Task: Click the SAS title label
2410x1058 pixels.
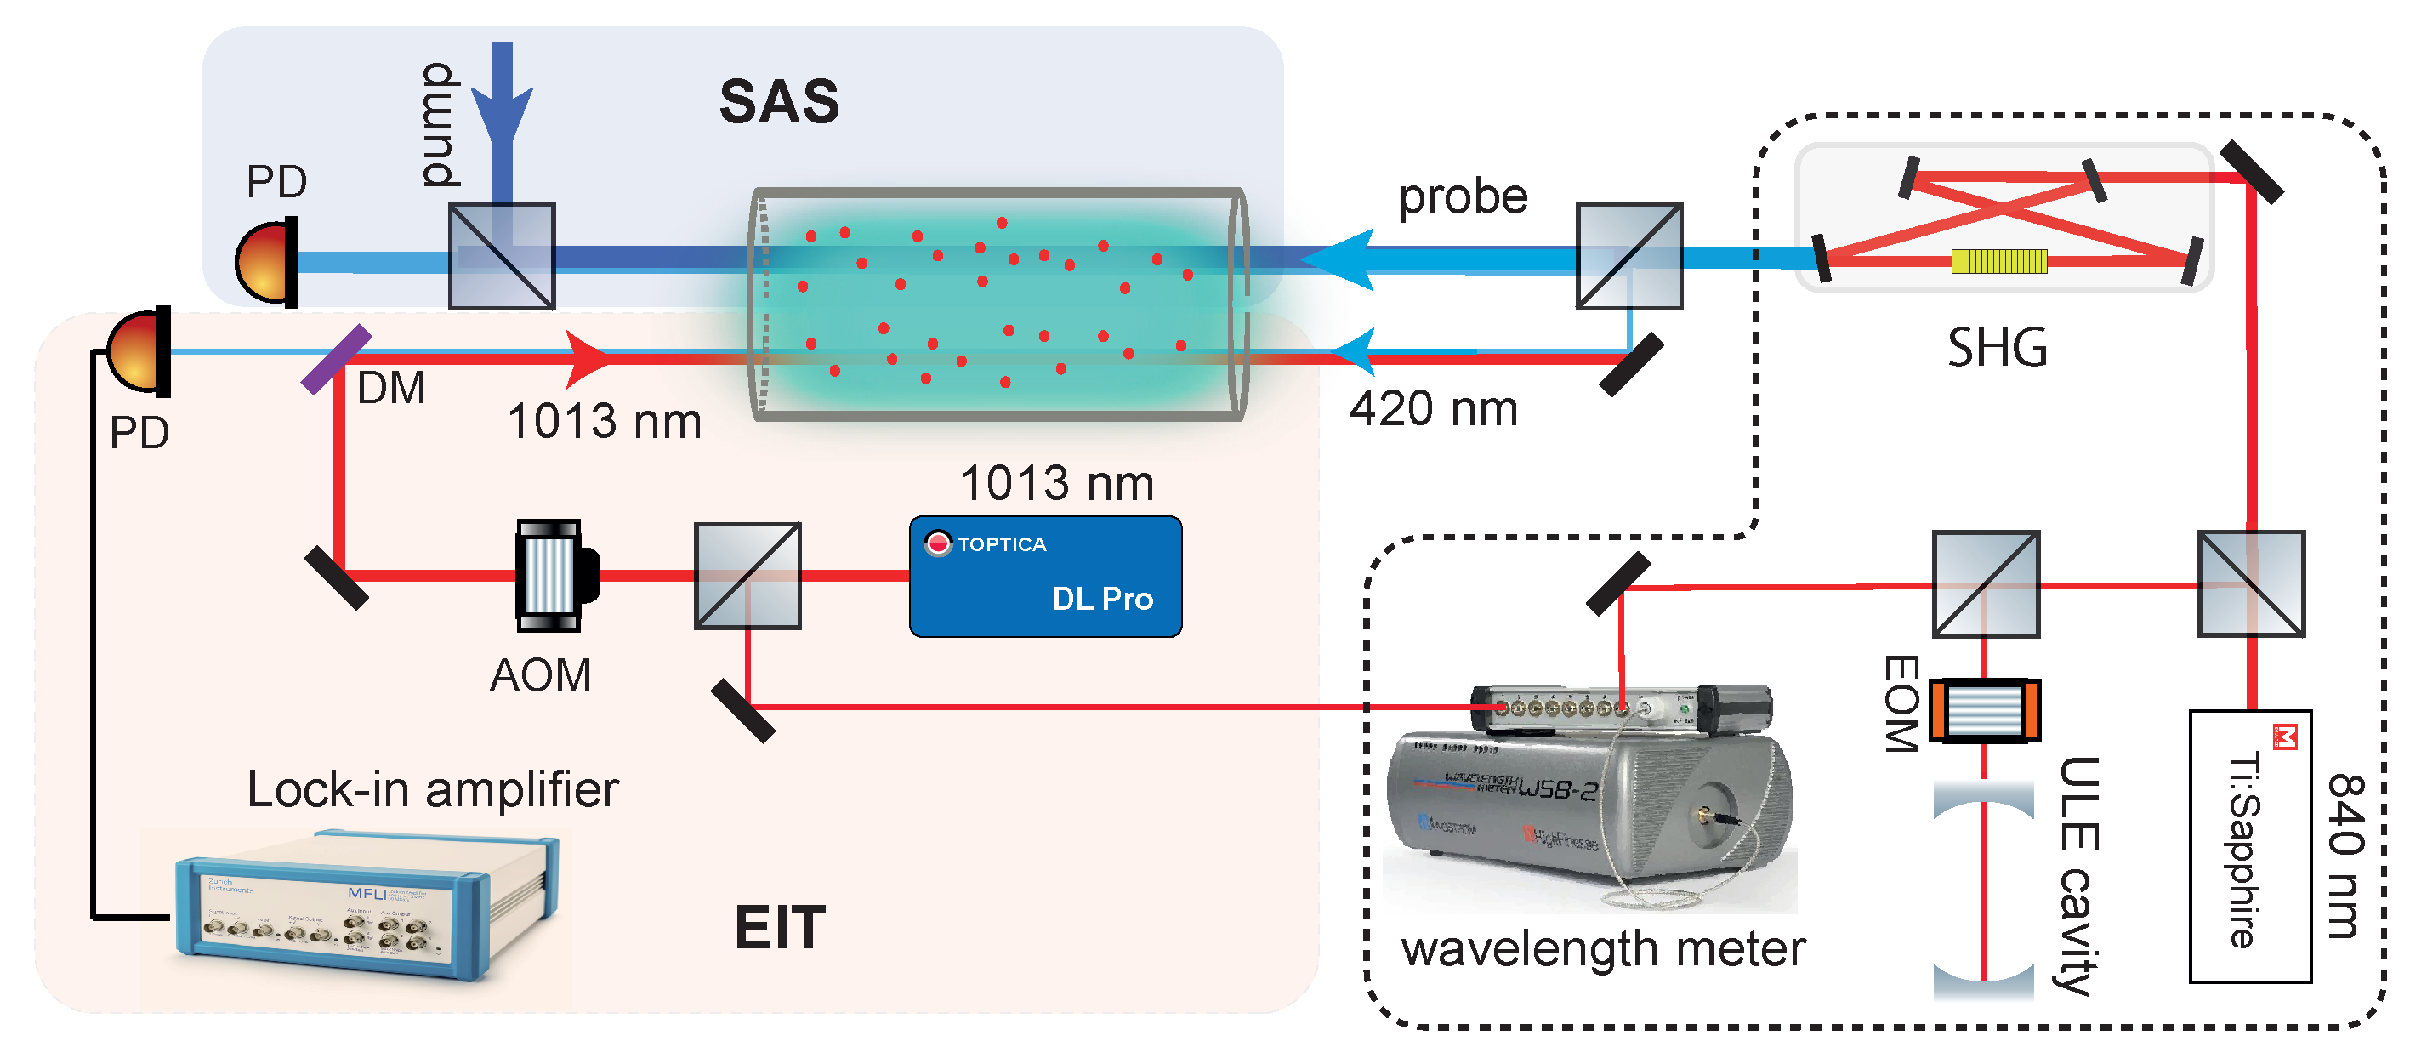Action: coord(778,101)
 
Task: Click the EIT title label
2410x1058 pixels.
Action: coord(779,927)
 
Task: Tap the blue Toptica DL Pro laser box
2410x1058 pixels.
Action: coord(1045,577)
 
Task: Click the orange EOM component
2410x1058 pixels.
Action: coord(1983,711)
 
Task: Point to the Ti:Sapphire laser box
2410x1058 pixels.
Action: coord(2250,846)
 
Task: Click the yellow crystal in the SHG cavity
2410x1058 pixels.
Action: coord(1998,261)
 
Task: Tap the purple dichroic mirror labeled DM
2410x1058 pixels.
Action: coord(337,359)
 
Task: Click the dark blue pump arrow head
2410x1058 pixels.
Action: coord(503,117)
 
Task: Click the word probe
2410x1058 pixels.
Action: coord(1463,196)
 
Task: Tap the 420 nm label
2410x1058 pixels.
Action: coord(1432,409)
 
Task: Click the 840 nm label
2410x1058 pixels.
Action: coord(2345,856)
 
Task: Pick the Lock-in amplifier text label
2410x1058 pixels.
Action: coord(432,788)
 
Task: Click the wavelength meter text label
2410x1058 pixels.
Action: coord(1603,948)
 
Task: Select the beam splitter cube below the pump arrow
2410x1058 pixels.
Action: coord(503,256)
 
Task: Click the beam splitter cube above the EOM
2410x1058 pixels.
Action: coord(1986,584)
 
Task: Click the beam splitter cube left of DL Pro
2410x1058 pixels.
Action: coord(747,575)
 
